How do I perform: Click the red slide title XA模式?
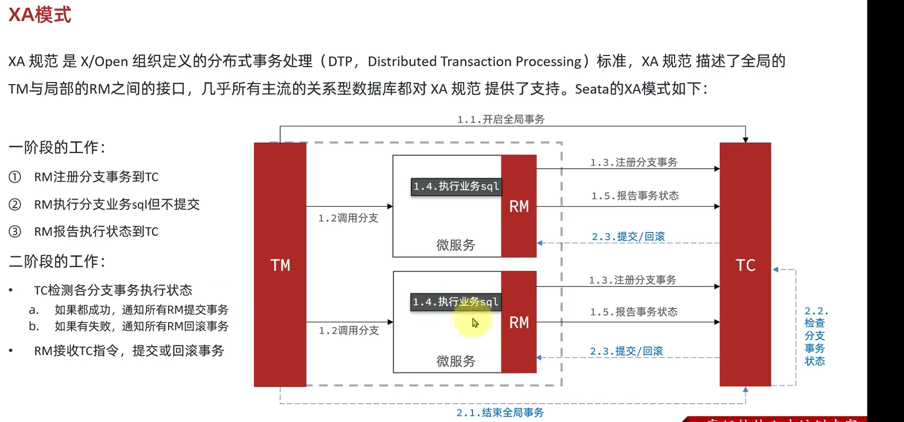[40, 15]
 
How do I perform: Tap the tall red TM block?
[280, 264]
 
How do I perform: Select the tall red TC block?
[745, 264]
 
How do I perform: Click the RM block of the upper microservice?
[519, 206]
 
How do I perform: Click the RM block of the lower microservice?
[519, 322]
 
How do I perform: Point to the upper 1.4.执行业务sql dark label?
[456, 187]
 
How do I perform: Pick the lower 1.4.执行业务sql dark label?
[456, 302]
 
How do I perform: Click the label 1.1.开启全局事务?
[501, 119]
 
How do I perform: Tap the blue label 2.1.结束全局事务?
[500, 413]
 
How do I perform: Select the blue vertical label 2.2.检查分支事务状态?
[815, 336]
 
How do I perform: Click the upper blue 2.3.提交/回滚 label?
[628, 237]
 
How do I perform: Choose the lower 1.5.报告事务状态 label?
[633, 312]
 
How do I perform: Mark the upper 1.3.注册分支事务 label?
[633, 162]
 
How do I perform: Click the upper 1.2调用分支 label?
[348, 218]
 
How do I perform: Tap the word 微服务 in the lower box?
[456, 361]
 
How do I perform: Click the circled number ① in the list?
[15, 177]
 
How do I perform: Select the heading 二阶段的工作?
[57, 262]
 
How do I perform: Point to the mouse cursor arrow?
[475, 323]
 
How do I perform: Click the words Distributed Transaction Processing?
[474, 62]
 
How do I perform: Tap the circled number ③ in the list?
[15, 231]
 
